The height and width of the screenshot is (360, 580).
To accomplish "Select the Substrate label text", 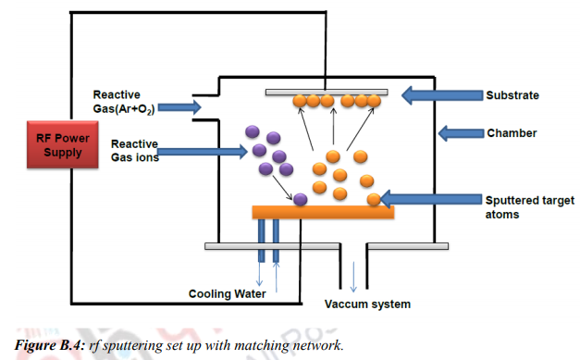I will coord(512,94).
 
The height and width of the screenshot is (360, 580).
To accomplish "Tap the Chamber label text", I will coord(511,133).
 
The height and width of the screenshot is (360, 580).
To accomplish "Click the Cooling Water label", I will coord(228,294).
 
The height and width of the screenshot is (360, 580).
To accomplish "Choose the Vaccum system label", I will coord(367,304).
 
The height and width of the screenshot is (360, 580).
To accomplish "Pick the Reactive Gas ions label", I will coord(134,151).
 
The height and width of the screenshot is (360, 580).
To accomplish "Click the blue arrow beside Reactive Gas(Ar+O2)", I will coord(179,108).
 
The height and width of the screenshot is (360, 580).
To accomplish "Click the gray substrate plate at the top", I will coord(326,92).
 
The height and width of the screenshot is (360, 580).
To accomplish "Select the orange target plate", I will coord(323,212).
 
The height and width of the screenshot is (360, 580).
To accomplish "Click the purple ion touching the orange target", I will coord(300,198).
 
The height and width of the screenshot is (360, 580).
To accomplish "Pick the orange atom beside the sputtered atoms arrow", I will coord(374,200).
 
